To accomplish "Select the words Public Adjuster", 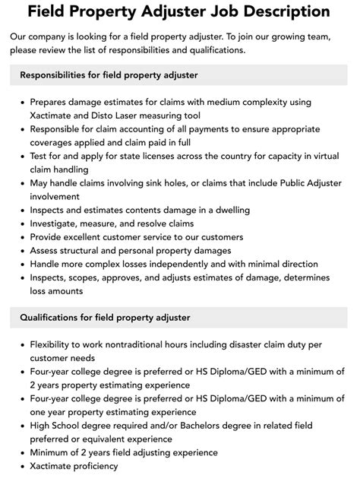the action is tap(303, 182).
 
